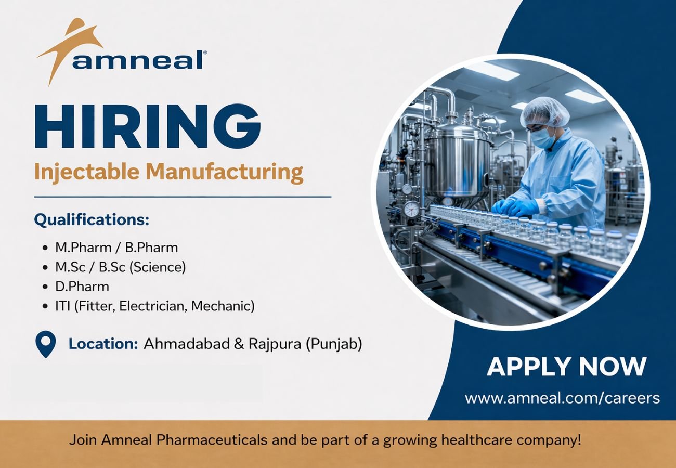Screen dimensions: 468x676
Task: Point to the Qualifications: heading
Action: click(x=92, y=220)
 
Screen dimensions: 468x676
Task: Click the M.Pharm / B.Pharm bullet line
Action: click(x=116, y=248)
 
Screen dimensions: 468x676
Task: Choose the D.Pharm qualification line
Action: click(x=82, y=287)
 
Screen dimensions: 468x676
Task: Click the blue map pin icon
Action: click(x=45, y=343)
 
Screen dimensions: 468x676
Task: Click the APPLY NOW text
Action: click(x=566, y=367)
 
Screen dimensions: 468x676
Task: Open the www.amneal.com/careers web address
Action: click(x=562, y=398)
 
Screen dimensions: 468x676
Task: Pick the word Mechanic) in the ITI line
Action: click(x=223, y=306)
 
